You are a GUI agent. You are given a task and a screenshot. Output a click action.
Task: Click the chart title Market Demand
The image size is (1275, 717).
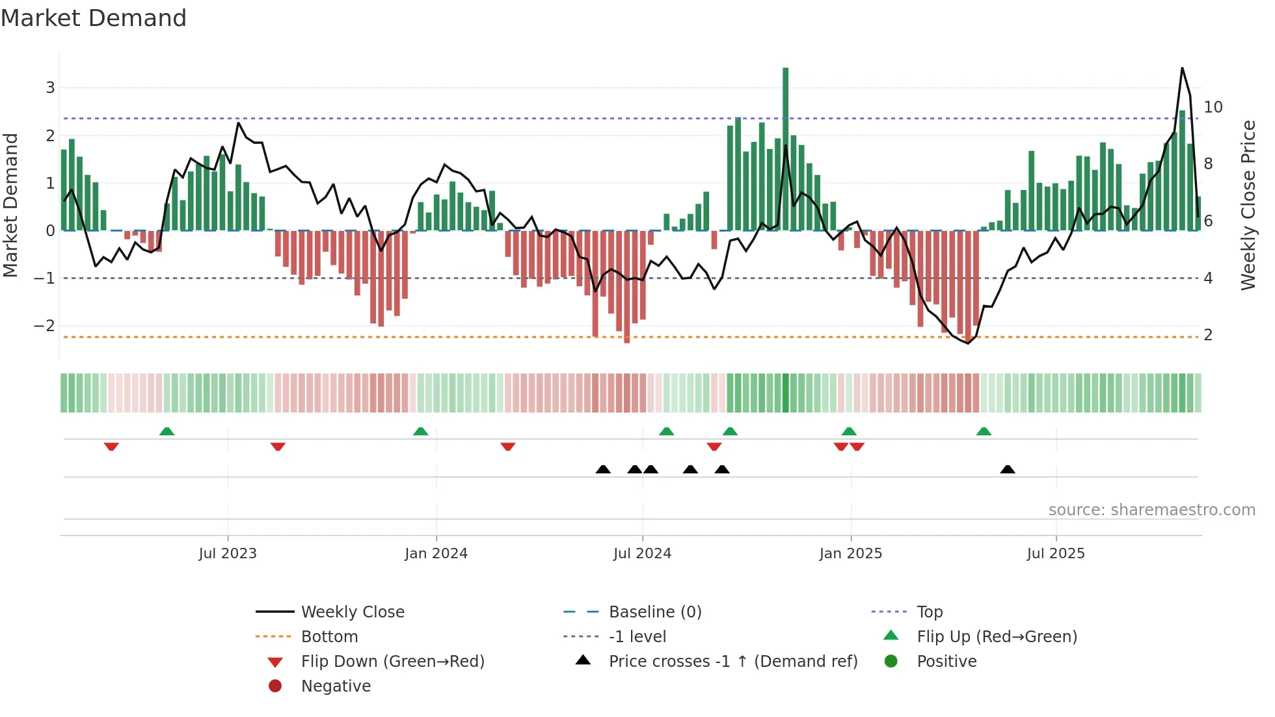(94, 18)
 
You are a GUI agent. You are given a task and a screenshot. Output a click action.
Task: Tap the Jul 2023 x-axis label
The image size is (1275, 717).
(228, 554)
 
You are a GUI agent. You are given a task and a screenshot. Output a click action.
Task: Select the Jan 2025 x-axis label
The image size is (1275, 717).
(850, 554)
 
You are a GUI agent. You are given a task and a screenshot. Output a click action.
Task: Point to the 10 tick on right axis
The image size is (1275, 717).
(1213, 107)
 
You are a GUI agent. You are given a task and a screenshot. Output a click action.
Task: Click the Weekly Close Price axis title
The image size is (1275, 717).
(1248, 205)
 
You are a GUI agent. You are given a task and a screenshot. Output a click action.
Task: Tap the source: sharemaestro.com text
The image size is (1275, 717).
(1151, 510)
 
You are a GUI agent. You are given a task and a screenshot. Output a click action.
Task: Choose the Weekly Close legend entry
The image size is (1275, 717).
(353, 612)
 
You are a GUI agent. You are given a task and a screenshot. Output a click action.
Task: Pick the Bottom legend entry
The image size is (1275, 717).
(329, 637)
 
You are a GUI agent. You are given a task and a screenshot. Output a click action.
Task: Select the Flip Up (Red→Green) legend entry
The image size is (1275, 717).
(997, 637)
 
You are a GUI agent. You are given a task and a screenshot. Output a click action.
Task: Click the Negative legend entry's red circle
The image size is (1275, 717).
(275, 686)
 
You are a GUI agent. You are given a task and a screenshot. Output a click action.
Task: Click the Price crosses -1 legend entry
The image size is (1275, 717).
(733, 662)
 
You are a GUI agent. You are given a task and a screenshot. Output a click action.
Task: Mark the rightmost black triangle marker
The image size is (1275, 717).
(1008, 469)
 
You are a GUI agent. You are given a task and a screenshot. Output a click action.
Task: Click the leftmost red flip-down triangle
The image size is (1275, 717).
(111, 446)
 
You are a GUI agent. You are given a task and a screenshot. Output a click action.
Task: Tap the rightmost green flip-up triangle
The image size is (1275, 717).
(984, 431)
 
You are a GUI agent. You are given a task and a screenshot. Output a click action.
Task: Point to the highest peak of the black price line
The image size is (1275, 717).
(1182, 68)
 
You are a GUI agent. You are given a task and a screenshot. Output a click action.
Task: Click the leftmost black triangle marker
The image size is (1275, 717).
(603, 469)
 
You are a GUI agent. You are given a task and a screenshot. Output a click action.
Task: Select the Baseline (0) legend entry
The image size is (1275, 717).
(655, 612)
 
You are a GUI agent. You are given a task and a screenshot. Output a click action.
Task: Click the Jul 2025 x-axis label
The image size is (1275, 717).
(1056, 554)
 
